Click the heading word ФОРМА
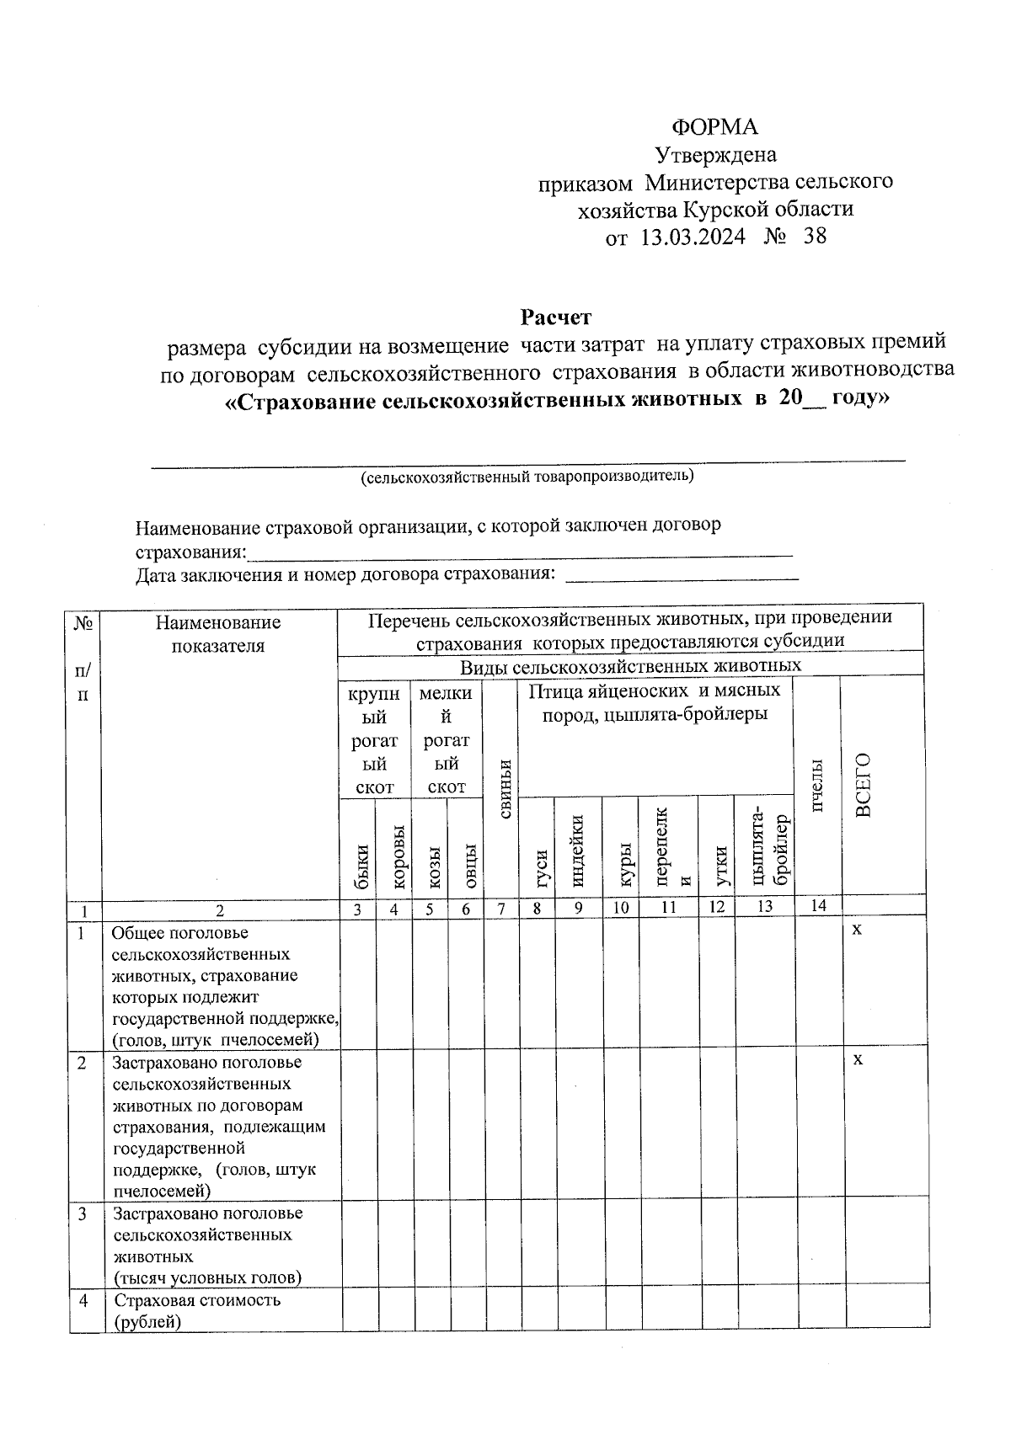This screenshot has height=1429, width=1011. point(714,126)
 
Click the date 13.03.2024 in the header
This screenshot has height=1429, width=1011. point(693,237)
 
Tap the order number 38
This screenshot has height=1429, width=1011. point(815,236)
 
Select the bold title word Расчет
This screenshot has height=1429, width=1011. point(555,317)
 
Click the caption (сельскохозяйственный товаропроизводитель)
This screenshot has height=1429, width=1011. point(527,477)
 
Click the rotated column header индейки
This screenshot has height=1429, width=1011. point(577,850)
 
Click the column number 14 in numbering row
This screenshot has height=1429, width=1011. point(818,906)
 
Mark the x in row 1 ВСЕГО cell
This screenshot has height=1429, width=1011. point(857,930)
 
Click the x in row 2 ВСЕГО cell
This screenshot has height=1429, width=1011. point(857,1059)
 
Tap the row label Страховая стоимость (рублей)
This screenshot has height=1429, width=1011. point(196,1310)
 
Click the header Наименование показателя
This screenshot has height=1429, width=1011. point(218,634)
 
